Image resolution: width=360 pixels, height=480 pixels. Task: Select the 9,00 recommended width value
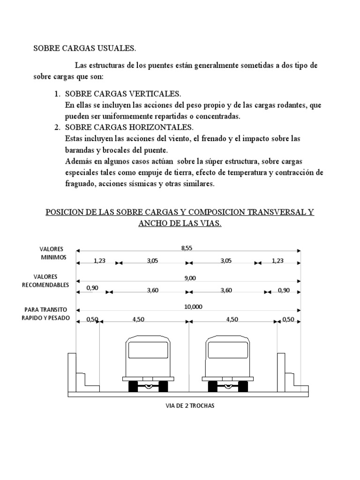click(190, 278)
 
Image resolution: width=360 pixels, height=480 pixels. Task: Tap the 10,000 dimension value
click(193, 307)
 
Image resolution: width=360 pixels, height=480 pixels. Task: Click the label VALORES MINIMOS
click(52, 253)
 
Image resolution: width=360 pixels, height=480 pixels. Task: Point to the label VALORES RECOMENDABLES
click(52, 281)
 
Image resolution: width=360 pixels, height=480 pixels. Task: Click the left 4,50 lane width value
click(139, 319)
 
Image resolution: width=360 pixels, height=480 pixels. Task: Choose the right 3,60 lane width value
click(226, 290)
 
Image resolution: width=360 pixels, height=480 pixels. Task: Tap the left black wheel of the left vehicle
click(133, 386)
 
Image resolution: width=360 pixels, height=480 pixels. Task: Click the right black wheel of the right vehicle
click(243, 386)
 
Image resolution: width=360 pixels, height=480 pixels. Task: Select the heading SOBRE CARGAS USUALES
click(84, 48)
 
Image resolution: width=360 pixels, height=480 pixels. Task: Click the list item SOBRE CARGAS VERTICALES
click(123, 94)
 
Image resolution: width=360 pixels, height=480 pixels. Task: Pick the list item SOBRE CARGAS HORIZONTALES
click(129, 127)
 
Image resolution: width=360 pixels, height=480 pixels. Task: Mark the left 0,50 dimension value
click(92, 319)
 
